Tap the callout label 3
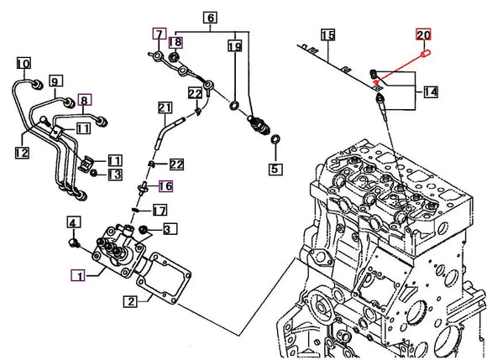point(169,228)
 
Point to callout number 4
point(73,222)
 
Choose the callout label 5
point(275,170)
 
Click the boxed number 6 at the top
point(209,18)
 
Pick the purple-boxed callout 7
point(158,34)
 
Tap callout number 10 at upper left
point(24,63)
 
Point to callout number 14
point(430,91)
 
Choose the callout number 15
point(328,35)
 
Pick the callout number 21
point(164,107)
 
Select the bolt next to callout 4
point(75,243)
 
